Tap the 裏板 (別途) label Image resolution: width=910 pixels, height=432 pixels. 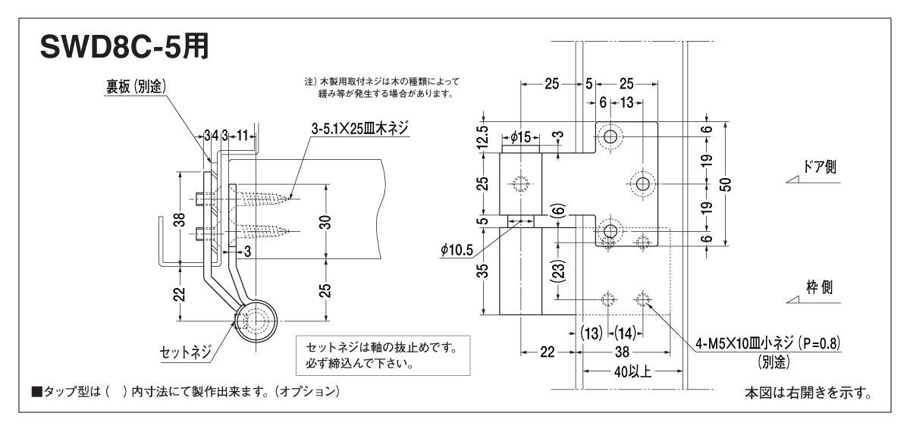tap(136, 87)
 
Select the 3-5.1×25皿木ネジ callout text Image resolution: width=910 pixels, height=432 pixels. tap(359, 130)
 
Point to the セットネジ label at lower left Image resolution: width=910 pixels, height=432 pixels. tap(184, 352)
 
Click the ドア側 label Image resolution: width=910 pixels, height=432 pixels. tap(820, 167)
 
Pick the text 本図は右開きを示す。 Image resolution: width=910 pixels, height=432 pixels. tap(807, 393)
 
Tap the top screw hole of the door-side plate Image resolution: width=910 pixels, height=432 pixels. tap(610, 136)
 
